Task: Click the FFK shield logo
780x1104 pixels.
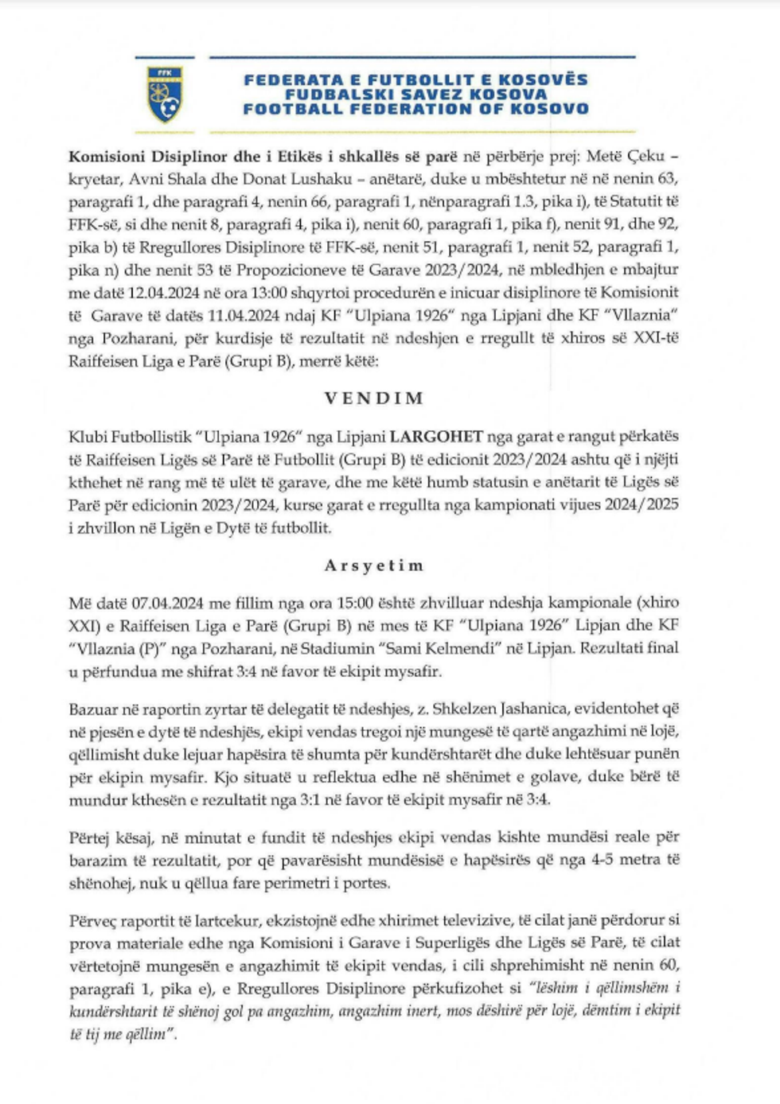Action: (165, 93)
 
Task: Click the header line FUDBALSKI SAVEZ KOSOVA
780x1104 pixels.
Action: (416, 95)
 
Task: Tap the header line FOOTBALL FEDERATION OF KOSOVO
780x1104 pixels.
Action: (416, 109)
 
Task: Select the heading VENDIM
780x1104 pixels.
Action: (374, 398)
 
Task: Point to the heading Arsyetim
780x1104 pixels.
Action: (374, 566)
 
